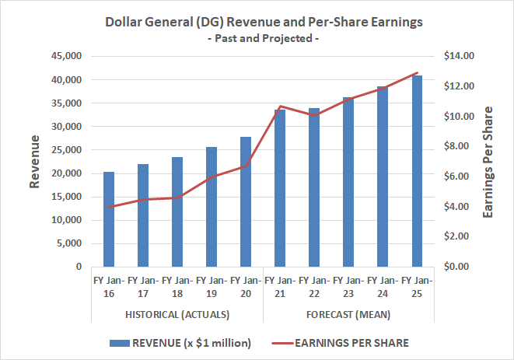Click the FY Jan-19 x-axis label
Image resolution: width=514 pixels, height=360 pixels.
[212, 286]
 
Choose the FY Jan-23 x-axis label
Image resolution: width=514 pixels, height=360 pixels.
[348, 286]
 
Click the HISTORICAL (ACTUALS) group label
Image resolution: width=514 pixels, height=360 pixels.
[177, 314]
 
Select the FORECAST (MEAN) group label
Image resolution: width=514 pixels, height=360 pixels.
[348, 314]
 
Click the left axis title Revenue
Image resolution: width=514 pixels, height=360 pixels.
[35, 162]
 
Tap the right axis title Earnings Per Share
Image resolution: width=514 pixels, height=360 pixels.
[488, 162]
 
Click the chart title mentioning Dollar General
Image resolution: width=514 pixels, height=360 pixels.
[264, 23]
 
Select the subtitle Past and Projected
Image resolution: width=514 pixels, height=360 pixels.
[264, 38]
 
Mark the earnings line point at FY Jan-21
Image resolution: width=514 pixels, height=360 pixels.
[280, 107]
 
